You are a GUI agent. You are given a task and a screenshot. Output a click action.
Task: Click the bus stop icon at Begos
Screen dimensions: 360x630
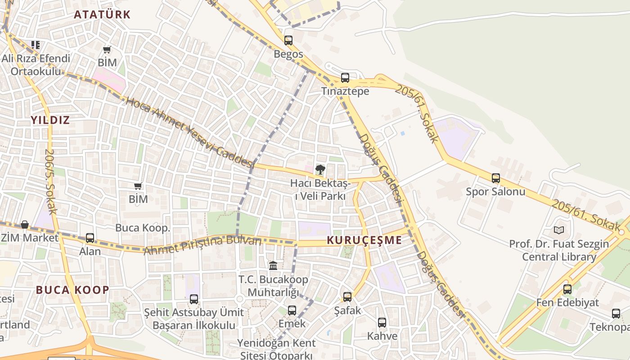(288, 40)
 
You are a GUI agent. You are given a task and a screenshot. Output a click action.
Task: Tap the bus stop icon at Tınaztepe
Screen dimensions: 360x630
(345, 78)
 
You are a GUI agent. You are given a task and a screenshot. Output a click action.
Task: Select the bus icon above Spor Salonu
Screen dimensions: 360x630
(496, 178)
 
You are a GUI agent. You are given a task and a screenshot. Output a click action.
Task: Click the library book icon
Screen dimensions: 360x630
(559, 230)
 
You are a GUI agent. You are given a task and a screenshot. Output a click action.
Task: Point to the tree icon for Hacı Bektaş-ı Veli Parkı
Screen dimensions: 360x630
(320, 170)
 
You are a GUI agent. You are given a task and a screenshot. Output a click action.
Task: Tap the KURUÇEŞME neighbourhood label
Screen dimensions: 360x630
(364, 240)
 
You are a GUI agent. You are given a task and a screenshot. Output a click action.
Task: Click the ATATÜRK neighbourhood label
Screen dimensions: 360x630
(102, 14)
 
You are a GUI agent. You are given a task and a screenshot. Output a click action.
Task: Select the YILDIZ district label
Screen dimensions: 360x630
(50, 120)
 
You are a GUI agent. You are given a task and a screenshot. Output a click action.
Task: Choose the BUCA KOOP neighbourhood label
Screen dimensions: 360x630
(72, 290)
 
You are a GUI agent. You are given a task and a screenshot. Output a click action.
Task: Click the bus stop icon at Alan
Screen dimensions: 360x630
(90, 238)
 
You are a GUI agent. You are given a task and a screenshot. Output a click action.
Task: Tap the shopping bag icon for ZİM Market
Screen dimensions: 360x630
(25, 224)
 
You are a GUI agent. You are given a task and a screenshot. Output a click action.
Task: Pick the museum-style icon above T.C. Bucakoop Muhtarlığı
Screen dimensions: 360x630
(273, 265)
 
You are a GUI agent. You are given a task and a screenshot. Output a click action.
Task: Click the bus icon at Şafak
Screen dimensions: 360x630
(347, 297)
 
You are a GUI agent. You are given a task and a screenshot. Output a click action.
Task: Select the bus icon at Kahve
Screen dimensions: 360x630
(382, 323)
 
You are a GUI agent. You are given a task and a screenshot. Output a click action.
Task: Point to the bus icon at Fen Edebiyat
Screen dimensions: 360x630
(567, 289)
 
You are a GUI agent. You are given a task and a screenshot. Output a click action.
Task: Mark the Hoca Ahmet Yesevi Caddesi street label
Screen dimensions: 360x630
(189, 132)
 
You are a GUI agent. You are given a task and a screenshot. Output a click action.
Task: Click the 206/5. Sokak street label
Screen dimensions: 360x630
(50, 181)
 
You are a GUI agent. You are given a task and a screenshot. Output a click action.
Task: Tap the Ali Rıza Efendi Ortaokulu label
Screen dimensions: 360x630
(36, 65)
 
